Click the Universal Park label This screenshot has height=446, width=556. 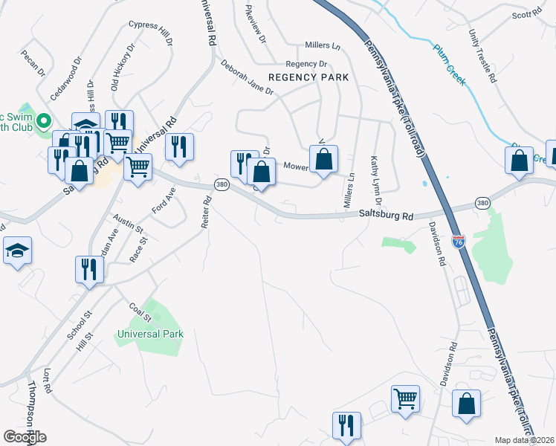pyautogui.click(x=150, y=334)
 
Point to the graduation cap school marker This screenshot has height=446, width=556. pyautogui.click(x=17, y=251)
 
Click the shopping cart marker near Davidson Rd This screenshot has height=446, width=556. pyautogui.click(x=405, y=398)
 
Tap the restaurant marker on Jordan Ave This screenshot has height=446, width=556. pyautogui.click(x=88, y=269)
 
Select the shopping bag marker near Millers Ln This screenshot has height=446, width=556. pyautogui.click(x=323, y=159)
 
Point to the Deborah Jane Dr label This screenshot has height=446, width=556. pyautogui.click(x=247, y=77)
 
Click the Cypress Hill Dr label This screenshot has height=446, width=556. pyautogui.click(x=149, y=30)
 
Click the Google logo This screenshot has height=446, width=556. pyautogui.click(x=25, y=437)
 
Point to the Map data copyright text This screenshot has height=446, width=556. pyautogui.click(x=524, y=440)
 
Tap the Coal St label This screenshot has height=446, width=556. pyautogui.click(x=140, y=311)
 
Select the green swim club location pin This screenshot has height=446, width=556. pyautogui.click(x=44, y=119)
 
